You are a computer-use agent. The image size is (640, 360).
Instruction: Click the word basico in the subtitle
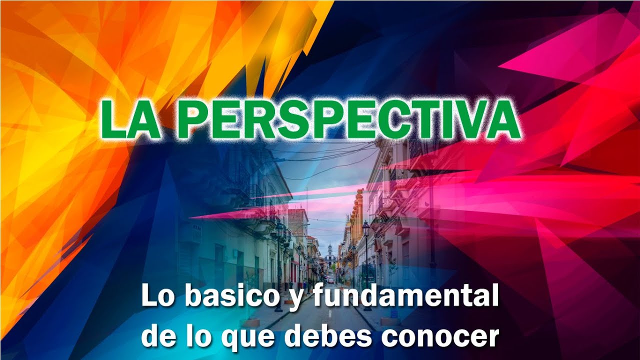pyautogui.click(x=229, y=297)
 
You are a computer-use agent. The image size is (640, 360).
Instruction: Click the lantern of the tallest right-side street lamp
pyautogui.click(x=365, y=229)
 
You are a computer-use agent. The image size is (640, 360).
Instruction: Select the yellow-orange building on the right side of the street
pyautogui.click(x=356, y=215)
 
